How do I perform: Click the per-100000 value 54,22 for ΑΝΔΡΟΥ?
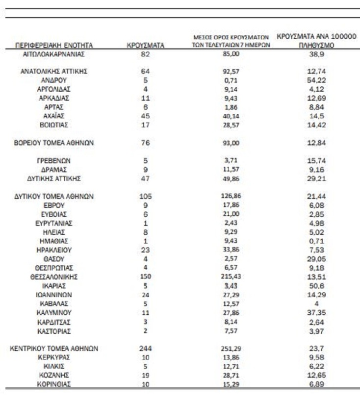pos(316,79)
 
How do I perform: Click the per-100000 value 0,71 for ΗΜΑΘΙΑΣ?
pos(316,241)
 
